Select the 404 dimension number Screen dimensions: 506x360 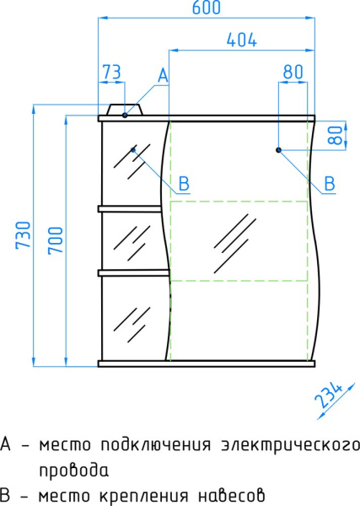tap(241, 40)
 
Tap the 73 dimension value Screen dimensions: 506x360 tap(111, 73)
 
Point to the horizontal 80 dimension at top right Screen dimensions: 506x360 tap(293, 73)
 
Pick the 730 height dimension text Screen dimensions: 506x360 tap(23, 235)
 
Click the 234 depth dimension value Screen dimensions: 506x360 tap(330, 397)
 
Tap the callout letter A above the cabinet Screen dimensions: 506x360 tap(163, 76)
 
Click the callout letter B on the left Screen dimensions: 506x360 tap(184, 183)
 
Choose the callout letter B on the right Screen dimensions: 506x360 tap(330, 183)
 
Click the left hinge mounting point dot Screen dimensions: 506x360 tap(134, 150)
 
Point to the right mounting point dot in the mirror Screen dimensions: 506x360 tap(278, 150)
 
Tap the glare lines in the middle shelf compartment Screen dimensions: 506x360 tap(131, 239)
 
